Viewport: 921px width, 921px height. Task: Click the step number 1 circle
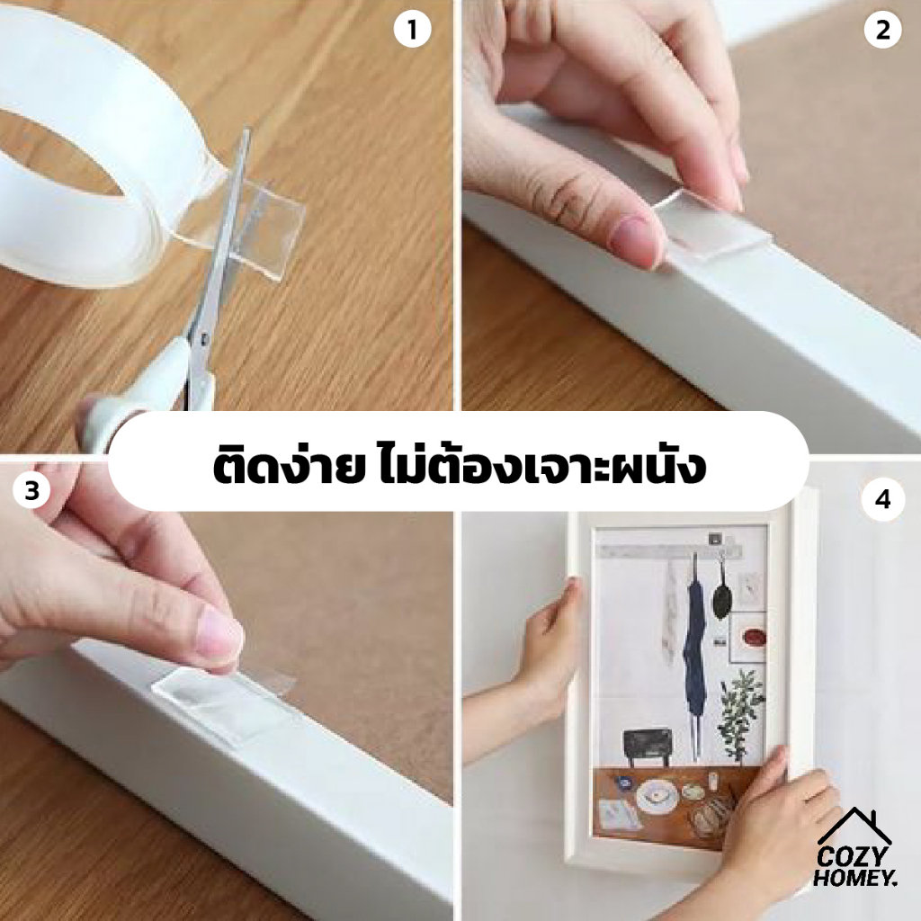coord(412,30)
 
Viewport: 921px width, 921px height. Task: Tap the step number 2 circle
coord(883,30)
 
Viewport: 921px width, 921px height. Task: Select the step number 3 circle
coord(31,490)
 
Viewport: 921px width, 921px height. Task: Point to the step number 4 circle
coord(882,500)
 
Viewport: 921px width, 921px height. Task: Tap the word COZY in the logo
coord(849,859)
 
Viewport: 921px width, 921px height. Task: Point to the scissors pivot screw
coord(204,340)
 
